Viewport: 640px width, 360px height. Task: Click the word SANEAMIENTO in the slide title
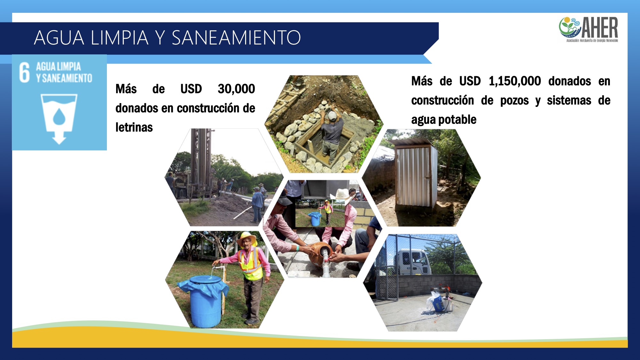pyautogui.click(x=236, y=37)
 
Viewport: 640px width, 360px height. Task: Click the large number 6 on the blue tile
pyautogui.click(x=24, y=72)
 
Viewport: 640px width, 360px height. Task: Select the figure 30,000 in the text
pyautogui.click(x=236, y=89)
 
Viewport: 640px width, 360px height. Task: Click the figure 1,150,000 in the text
pyautogui.click(x=515, y=81)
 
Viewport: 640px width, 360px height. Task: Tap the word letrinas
pyautogui.click(x=134, y=127)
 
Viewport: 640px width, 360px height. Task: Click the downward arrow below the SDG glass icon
pyautogui.click(x=59, y=138)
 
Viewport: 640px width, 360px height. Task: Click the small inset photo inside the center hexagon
pyautogui.click(x=320, y=213)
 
